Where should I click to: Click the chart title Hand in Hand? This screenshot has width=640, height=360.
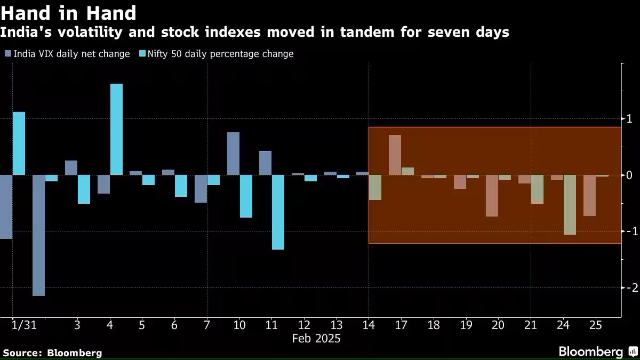(68, 12)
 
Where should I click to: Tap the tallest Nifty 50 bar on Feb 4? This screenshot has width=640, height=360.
(116, 129)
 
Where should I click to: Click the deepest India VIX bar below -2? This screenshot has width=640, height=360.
(38, 235)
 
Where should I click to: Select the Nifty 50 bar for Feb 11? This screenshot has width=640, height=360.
(278, 212)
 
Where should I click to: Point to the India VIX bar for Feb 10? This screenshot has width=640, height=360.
(233, 154)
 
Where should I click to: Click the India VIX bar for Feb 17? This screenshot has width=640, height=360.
(395, 155)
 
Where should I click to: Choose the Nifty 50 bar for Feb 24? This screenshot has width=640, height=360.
(570, 204)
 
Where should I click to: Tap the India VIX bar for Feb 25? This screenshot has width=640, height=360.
(589, 195)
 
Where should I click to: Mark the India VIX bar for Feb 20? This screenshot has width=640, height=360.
(492, 195)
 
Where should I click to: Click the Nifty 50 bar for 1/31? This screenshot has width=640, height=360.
(19, 143)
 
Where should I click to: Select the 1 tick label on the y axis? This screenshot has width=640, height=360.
(630, 118)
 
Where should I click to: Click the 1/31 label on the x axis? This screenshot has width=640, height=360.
(23, 325)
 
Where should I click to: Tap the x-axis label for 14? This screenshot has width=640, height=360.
(368, 325)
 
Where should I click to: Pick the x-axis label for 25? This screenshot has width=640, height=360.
(596, 325)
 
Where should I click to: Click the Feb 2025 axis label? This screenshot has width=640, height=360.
(316, 339)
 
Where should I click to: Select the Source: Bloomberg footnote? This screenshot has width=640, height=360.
(52, 353)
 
